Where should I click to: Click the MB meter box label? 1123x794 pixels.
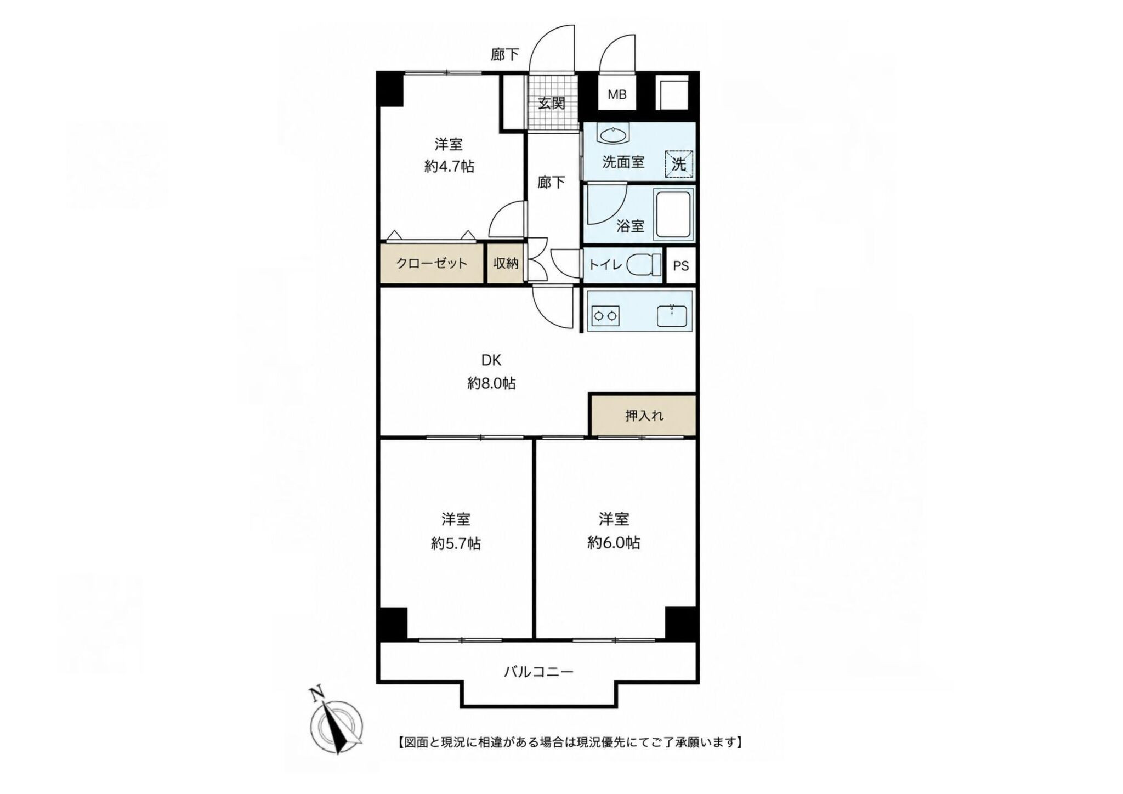click(x=617, y=94)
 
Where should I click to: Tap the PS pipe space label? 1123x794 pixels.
click(x=680, y=266)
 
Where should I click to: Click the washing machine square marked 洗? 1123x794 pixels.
click(x=679, y=164)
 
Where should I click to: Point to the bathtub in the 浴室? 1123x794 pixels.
click(x=673, y=214)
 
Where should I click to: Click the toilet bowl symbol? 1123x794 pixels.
click(x=644, y=266)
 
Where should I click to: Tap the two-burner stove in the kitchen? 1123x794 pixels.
click(x=605, y=316)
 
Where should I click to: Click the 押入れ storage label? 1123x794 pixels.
click(x=644, y=416)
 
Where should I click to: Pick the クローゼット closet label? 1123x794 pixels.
click(x=432, y=263)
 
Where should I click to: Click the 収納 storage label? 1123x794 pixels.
click(x=506, y=263)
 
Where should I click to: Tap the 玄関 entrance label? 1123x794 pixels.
click(x=551, y=103)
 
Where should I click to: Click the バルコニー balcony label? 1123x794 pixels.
click(x=539, y=671)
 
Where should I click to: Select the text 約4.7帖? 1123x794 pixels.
click(x=449, y=167)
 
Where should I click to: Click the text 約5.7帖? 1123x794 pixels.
click(x=456, y=544)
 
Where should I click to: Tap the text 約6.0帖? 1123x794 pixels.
click(x=614, y=543)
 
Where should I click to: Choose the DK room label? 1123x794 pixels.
click(x=491, y=360)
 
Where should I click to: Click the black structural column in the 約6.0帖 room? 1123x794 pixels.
click(x=682, y=623)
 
